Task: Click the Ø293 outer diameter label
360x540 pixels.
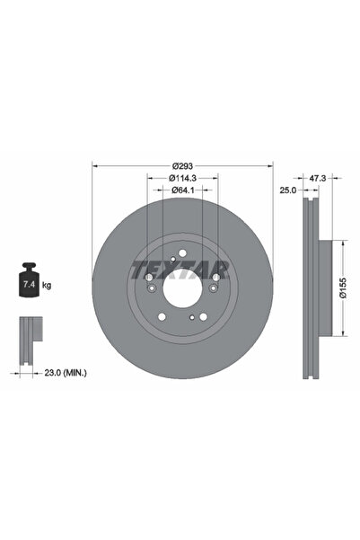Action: point(183,165)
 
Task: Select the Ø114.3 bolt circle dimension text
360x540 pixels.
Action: point(183,178)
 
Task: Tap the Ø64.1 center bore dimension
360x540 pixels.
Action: point(183,190)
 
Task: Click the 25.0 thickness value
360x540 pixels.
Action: point(287,190)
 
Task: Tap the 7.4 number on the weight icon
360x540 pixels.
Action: point(27,284)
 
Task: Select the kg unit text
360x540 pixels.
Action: point(47,284)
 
